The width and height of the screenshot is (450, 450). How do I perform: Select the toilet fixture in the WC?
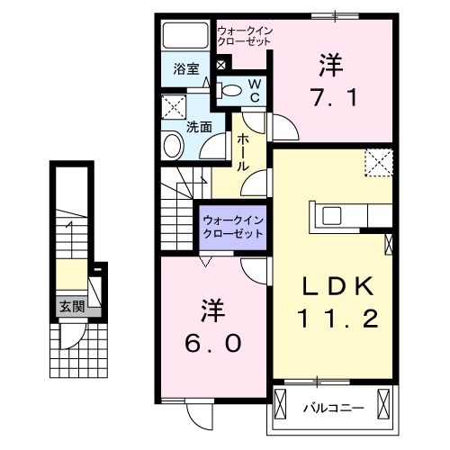[x=233, y=89]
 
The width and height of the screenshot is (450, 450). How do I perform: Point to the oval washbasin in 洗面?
[x=171, y=147]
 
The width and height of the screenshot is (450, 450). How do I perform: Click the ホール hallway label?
[x=243, y=153]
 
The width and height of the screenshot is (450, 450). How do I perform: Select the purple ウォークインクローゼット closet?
[x=233, y=226]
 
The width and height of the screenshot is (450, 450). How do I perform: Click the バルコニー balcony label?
[x=334, y=408]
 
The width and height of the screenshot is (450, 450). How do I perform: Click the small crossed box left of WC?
[x=220, y=65]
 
